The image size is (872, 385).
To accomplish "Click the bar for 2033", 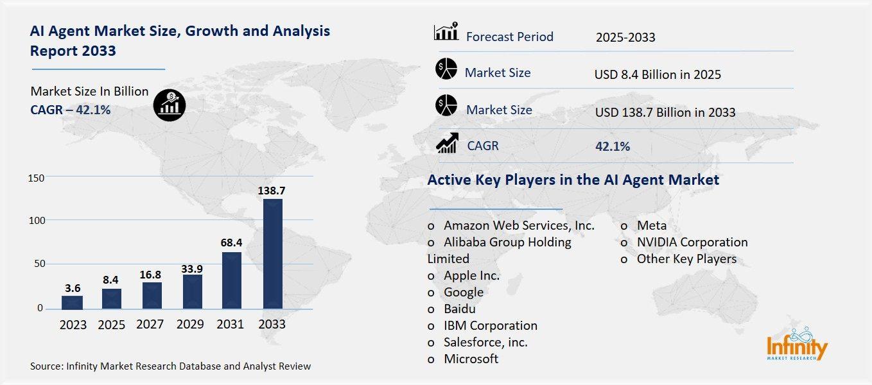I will click(272, 253).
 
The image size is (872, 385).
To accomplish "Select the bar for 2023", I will click(73, 302).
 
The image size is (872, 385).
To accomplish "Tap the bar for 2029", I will click(192, 291).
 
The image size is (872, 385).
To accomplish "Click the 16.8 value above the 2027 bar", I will click(152, 274).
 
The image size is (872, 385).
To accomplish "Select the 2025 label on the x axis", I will click(112, 325).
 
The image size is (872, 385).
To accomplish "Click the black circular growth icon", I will click(169, 105).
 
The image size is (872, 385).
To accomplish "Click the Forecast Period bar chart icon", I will click(446, 31).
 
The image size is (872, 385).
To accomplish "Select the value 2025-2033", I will click(625, 37).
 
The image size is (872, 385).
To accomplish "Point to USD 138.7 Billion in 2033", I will click(665, 112).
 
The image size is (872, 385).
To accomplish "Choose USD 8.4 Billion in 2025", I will click(658, 74).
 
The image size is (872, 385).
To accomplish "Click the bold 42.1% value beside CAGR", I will click(613, 146).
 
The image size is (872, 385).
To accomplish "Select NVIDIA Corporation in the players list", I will click(692, 242).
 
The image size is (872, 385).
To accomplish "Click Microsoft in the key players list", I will click(471, 359).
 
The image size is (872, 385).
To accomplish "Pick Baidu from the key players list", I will click(459, 309).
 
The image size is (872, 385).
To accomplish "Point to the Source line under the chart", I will click(170, 366).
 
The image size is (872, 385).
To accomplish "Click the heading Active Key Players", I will click(573, 180).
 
